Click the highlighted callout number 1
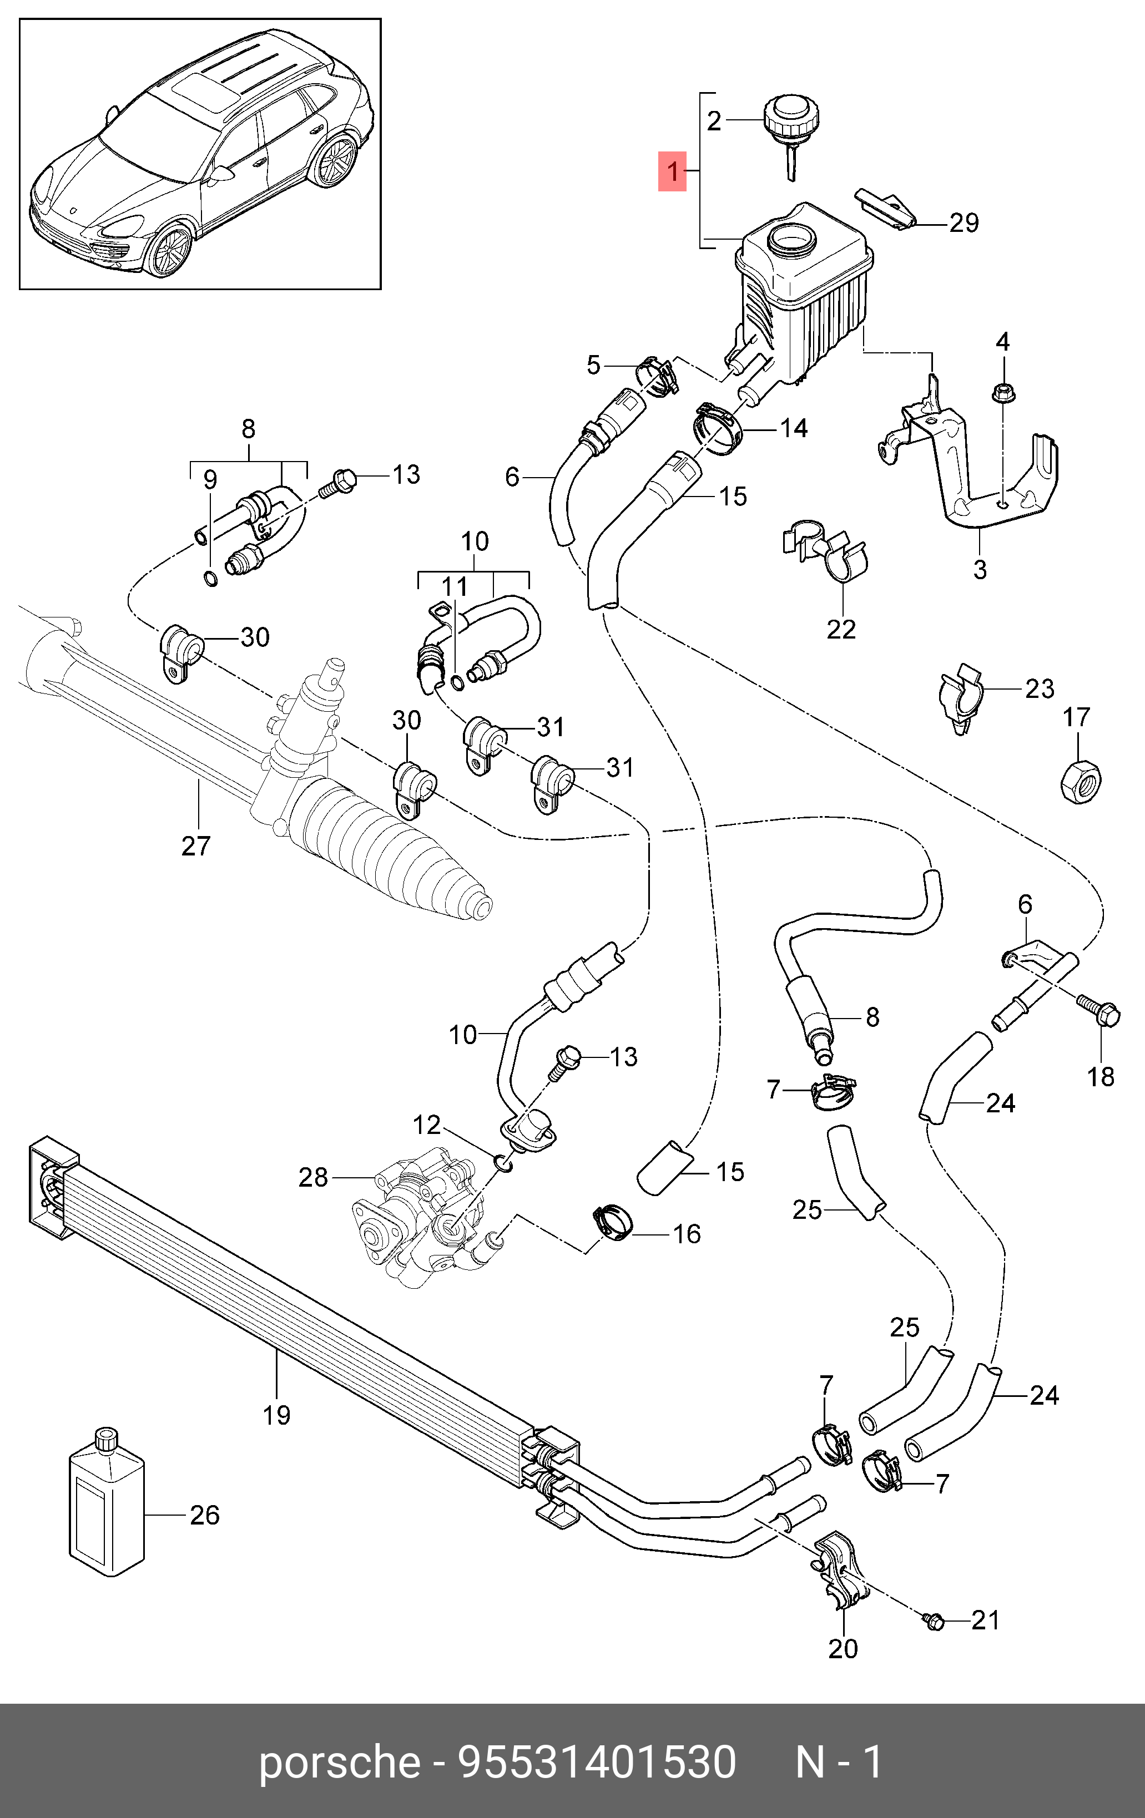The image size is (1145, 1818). [x=672, y=171]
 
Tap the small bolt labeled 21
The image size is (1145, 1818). [x=934, y=1620]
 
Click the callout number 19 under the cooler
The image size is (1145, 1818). [x=276, y=1414]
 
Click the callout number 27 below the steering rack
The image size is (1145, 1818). [x=195, y=845]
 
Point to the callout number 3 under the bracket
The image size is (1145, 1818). [x=980, y=569]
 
